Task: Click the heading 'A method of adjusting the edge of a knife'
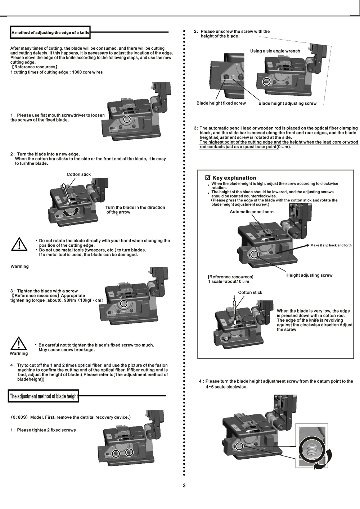50,33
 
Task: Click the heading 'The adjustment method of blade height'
44,396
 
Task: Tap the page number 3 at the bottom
184,486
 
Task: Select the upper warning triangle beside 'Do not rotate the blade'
18,244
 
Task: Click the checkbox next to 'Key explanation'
207,178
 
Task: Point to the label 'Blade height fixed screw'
221,103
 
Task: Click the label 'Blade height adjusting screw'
287,104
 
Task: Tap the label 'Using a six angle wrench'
275,51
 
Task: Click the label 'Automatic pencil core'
252,212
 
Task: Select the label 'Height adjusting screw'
309,276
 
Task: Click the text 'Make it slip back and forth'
331,245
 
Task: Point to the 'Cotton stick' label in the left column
79,174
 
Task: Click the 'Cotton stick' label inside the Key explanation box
250,292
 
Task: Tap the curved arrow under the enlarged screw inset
319,465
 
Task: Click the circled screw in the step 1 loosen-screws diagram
127,120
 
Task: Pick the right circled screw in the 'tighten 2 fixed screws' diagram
129,452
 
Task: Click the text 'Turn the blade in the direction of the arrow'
135,210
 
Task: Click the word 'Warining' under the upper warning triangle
19,267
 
